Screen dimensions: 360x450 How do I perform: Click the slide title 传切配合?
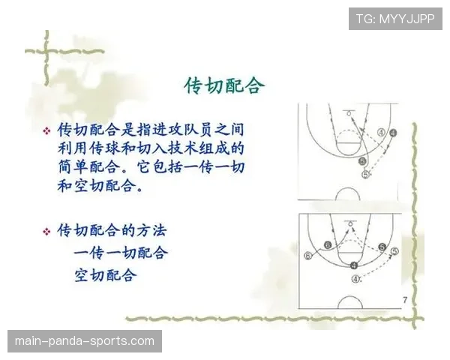tap(224, 85)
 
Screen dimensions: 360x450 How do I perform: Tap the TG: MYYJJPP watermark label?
tap(395, 19)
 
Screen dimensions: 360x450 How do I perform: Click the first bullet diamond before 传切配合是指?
tap(46, 130)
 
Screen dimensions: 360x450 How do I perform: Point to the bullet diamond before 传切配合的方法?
tap(46, 230)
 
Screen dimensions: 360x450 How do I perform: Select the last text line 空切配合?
tap(106, 274)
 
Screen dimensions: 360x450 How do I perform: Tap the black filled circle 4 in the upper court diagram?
tap(393, 132)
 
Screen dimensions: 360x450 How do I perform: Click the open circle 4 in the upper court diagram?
tap(381, 131)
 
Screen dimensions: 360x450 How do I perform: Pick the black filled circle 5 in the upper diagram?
tap(363, 160)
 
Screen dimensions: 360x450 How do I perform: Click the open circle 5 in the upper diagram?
tap(366, 174)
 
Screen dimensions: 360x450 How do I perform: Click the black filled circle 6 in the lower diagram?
tap(327, 245)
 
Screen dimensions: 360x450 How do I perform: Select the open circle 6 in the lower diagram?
tap(308, 255)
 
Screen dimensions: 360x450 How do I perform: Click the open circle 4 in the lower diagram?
tap(355, 279)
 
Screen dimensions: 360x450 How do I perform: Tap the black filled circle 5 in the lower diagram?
tap(382, 247)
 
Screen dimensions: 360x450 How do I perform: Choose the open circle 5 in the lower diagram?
tap(395, 251)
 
